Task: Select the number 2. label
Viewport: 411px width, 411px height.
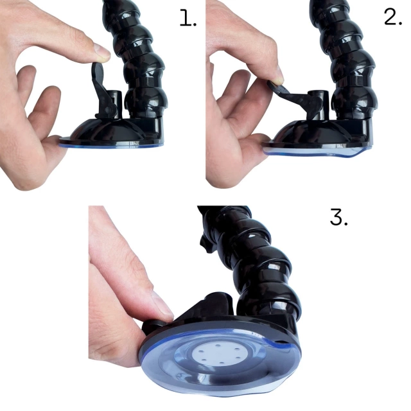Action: tap(393, 17)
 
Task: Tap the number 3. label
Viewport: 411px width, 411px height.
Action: tap(338, 216)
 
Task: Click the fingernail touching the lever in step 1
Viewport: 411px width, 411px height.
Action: tap(101, 50)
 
